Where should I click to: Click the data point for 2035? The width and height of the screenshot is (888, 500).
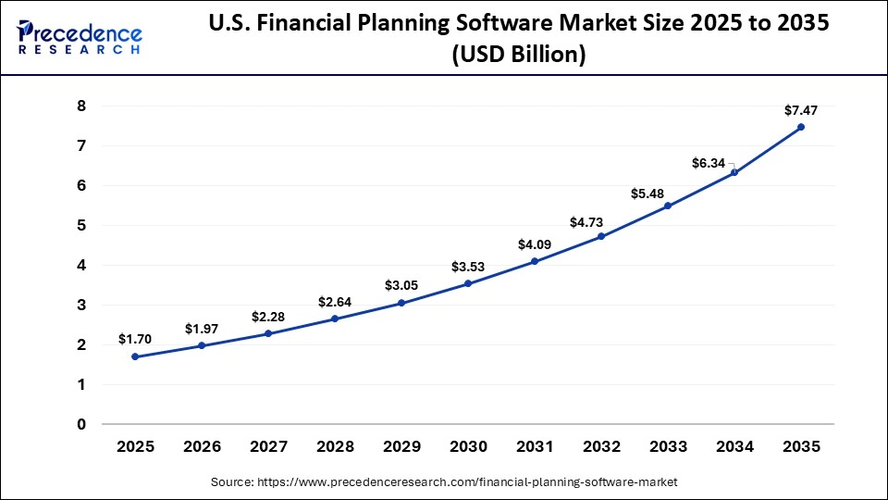801,127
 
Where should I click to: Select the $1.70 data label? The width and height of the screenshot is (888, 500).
135,340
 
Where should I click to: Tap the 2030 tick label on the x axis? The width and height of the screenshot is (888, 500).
468,446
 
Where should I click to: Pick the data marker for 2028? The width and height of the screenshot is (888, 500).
335,319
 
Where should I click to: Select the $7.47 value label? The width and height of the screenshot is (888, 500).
801,110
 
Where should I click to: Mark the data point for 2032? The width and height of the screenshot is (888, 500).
601,236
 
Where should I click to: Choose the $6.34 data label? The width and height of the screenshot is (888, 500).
709,163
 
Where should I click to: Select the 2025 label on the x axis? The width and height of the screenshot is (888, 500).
135,446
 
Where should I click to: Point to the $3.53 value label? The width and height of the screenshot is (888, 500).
468,267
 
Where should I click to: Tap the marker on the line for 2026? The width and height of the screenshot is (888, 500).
202,345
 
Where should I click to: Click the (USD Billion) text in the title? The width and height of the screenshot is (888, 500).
518,55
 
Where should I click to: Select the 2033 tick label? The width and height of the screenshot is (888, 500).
668,446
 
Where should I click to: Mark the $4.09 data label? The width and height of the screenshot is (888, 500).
535,244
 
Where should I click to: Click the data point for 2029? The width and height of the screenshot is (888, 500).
401,303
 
